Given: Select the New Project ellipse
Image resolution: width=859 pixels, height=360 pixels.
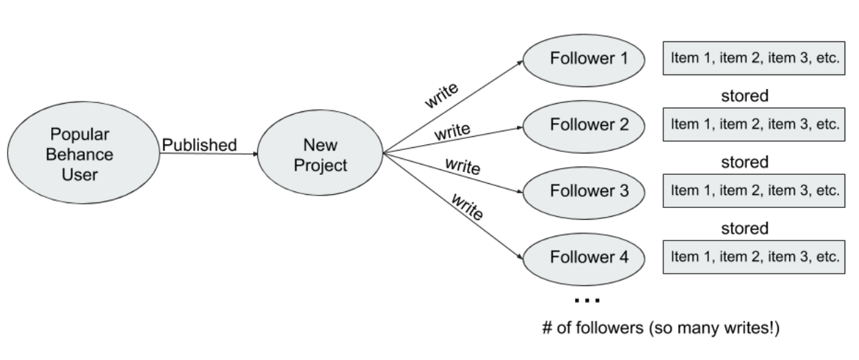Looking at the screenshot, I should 319,154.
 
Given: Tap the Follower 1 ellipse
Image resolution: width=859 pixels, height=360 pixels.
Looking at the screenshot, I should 584,59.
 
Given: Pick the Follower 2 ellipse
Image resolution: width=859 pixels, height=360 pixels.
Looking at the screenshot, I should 584,125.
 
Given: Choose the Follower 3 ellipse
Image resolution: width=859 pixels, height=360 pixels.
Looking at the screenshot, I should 584,190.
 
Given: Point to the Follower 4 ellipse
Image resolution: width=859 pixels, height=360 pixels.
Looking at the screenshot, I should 584,257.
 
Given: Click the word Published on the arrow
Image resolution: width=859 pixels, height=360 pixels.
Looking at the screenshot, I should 199,145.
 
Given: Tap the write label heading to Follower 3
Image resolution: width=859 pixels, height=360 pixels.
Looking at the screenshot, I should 462,167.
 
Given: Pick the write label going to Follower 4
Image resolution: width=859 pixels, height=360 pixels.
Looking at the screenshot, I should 466,206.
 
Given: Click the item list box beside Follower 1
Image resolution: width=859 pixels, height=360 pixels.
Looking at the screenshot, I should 755,59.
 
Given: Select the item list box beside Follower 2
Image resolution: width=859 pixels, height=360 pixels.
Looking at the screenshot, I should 755,125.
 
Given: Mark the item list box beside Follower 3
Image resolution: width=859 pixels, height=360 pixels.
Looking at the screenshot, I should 755,190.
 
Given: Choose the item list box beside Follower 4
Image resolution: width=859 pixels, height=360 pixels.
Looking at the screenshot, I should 755,257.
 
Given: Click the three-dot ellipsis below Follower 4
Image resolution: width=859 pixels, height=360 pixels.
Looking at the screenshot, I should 587,301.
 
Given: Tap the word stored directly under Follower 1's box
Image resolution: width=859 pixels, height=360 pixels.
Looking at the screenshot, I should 744,96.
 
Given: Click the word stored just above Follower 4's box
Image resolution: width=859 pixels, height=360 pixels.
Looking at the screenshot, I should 744,228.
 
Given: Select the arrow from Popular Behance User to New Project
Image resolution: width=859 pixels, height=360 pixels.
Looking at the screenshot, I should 207,154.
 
